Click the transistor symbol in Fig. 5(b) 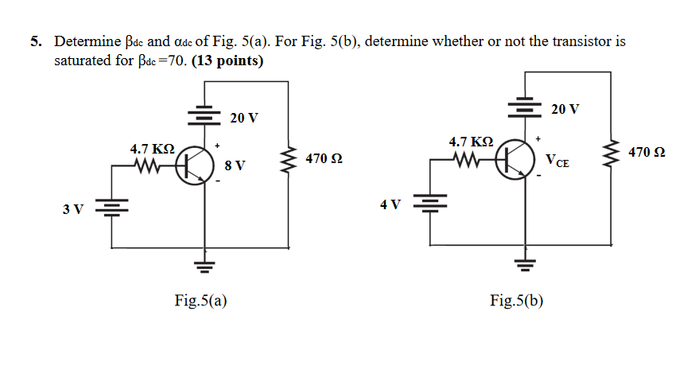pos(517,158)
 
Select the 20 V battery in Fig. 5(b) pos(523,107)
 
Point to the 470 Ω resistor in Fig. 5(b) pos(611,151)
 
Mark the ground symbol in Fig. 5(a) pos(205,266)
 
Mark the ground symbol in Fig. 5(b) pos(523,263)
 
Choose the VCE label pos(557,161)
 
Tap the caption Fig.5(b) pos(517,300)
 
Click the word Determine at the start pos(85,41)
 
